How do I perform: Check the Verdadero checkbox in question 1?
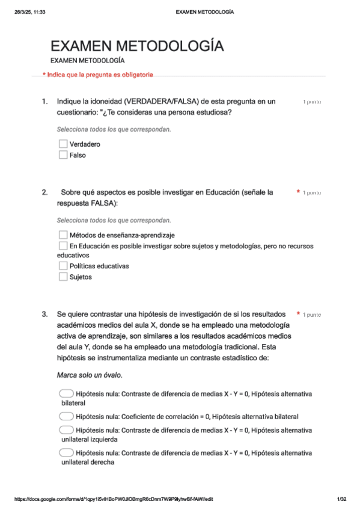(63, 144)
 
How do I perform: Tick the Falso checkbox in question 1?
(63, 155)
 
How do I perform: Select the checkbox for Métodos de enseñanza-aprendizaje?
(63, 235)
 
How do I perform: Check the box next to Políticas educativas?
(63, 266)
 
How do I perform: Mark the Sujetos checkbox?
(63, 277)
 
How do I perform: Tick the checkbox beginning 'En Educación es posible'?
(63, 246)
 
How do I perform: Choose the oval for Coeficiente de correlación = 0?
(67, 416)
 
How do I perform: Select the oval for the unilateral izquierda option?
(67, 431)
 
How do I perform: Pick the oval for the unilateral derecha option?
(67, 452)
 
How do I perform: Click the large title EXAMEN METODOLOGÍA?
(137, 46)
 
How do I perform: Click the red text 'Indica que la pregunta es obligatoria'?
(98, 75)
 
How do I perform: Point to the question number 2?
(44, 192)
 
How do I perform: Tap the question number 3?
(44, 314)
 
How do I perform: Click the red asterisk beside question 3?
(298, 314)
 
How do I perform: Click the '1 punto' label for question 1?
(311, 102)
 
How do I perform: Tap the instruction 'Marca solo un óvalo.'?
(90, 375)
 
